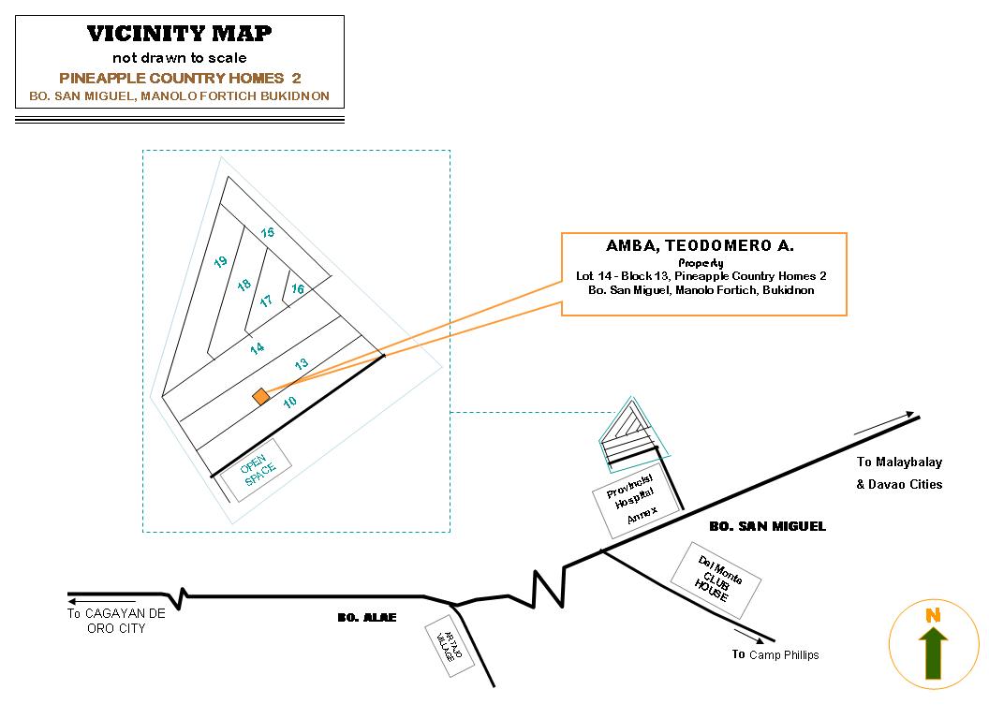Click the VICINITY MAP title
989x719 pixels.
(179, 34)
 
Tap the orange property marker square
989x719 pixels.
(260, 397)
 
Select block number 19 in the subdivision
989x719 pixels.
(220, 262)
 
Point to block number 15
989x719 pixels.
(267, 232)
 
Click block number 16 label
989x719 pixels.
(298, 289)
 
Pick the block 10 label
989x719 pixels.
(290, 402)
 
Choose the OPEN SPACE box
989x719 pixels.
(255, 469)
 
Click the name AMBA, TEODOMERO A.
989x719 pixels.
(700, 245)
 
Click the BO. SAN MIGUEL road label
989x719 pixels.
(767, 526)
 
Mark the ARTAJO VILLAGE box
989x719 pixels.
(450, 645)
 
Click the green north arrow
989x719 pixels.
(933, 653)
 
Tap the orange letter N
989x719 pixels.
(933, 615)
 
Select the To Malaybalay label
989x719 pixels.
(899, 462)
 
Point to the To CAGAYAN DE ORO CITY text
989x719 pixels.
(115, 621)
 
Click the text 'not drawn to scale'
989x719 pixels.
(179, 58)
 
